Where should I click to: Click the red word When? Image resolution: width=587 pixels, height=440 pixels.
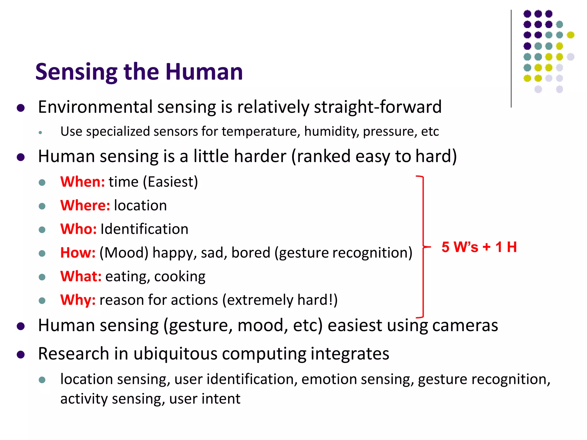click(x=83, y=182)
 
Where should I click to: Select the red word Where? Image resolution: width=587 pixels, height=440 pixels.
click(x=85, y=206)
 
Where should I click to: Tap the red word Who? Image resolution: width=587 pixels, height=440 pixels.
click(x=78, y=229)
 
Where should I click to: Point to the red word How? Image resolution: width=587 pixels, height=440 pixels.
click(x=78, y=253)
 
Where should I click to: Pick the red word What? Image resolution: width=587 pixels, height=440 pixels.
click(x=81, y=276)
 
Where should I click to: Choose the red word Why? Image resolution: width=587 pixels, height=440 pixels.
click(x=78, y=300)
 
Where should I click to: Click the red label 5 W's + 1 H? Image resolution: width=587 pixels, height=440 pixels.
click(x=479, y=247)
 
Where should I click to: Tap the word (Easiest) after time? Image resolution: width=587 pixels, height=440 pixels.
click(x=170, y=182)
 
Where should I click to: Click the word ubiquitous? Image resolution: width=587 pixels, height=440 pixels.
click(x=175, y=354)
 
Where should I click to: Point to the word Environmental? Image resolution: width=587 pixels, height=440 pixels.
click(x=95, y=107)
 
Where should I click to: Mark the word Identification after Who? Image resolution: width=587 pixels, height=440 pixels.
click(x=144, y=229)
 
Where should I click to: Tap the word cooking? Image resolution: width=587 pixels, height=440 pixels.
click(x=180, y=276)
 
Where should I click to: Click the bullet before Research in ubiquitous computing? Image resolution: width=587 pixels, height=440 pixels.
click(x=21, y=355)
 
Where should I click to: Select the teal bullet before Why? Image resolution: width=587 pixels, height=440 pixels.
click(x=42, y=300)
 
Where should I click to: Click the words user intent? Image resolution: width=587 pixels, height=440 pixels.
click(x=205, y=399)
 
